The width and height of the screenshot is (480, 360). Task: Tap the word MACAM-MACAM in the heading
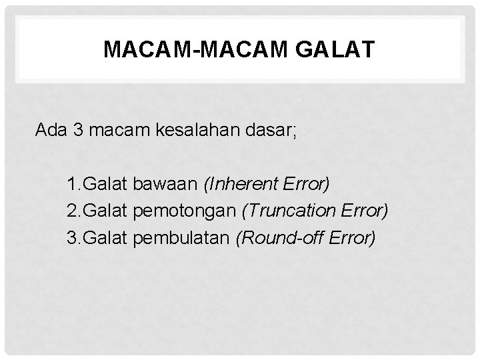click(189, 51)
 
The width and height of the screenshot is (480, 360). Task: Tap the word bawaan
click(167, 183)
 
